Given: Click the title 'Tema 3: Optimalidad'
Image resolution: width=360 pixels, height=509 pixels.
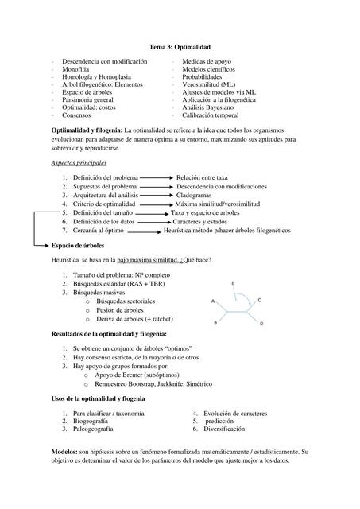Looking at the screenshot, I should [179, 47].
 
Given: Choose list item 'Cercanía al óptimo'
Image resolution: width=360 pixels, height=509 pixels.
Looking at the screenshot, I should [101, 231].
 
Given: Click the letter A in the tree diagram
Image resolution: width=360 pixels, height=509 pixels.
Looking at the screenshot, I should [213, 302].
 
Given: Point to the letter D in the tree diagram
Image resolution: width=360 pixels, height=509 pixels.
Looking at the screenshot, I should [260, 324].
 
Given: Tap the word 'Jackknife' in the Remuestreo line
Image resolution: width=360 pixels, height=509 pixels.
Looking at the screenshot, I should [185, 384].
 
